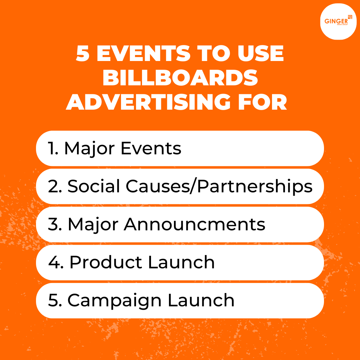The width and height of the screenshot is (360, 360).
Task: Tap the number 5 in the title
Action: (82, 54)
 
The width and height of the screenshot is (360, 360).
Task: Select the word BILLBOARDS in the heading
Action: (180, 78)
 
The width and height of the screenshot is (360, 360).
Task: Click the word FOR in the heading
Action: (260, 102)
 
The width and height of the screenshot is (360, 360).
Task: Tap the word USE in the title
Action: (258, 54)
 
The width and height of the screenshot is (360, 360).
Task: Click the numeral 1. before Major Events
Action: (53, 148)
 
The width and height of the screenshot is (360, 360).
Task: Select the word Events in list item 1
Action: (151, 148)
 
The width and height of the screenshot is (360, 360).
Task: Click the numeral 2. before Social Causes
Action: (55, 187)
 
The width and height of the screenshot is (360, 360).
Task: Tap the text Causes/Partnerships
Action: (219, 187)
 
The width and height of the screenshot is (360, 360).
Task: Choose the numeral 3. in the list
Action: (55, 225)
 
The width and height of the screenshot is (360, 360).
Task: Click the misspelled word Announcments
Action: (195, 225)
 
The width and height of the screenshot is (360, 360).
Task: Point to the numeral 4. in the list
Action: (56, 263)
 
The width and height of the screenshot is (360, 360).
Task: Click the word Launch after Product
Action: (181, 263)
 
